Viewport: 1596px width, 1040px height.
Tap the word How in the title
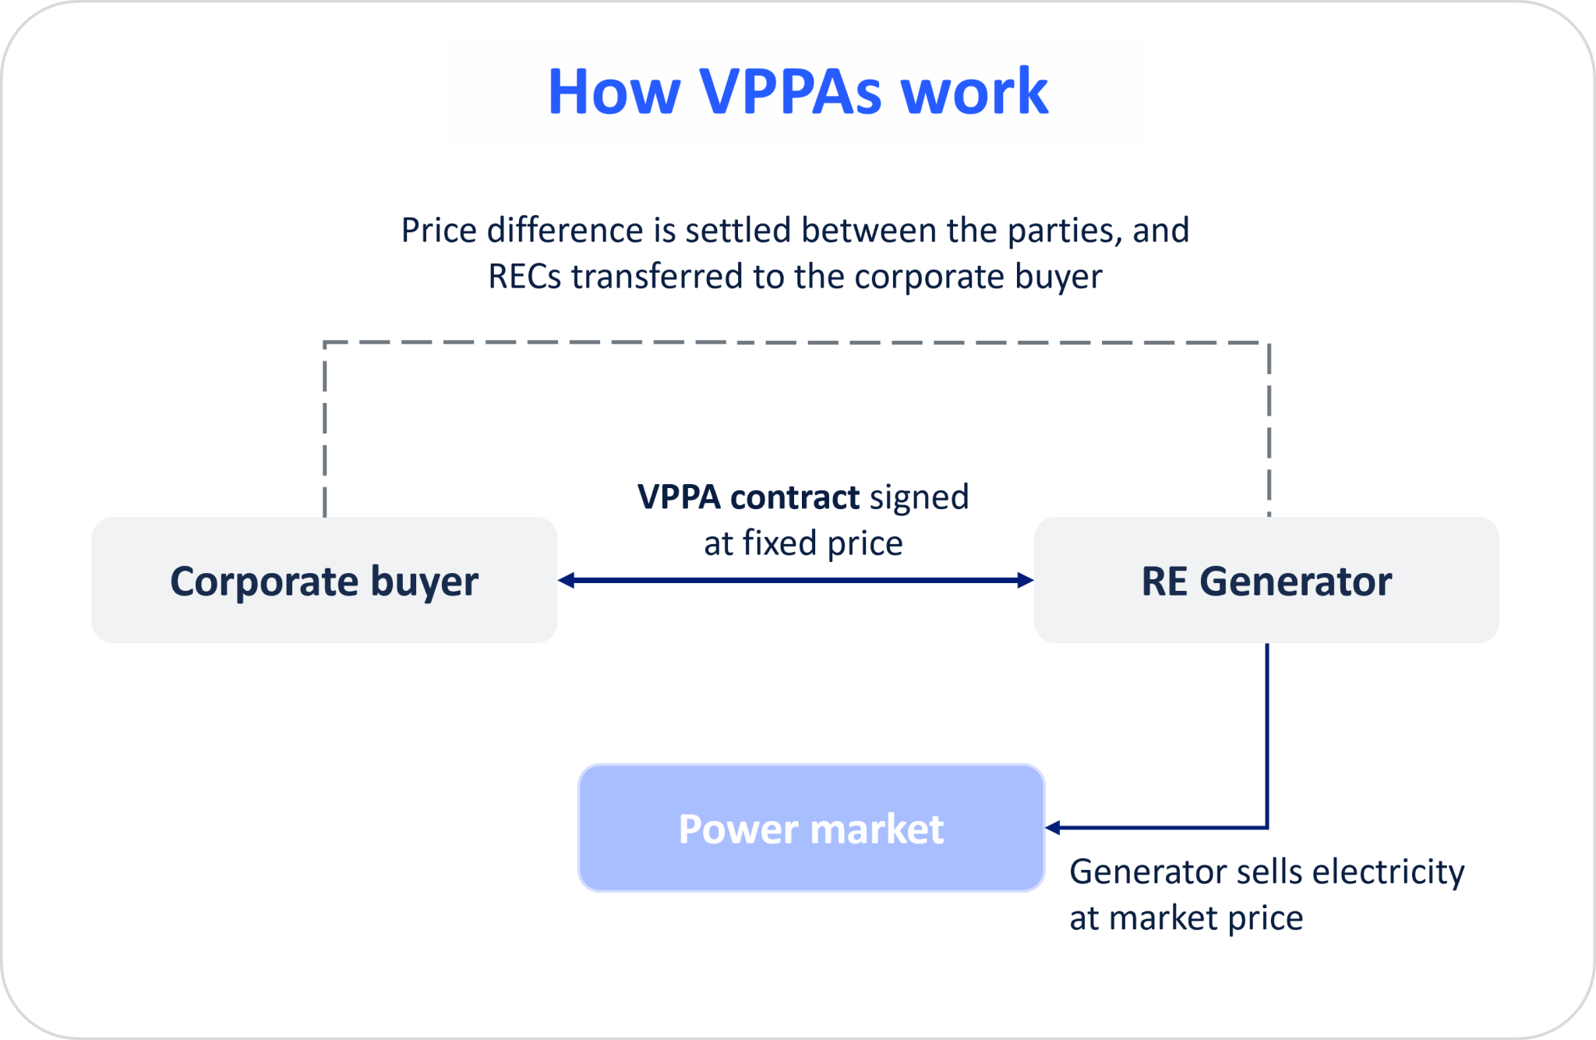tap(614, 91)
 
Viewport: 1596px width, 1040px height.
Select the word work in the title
tap(974, 91)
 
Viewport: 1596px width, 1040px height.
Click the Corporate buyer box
tap(324, 580)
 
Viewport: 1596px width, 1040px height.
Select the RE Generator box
tap(1266, 580)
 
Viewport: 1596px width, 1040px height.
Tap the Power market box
tap(810, 828)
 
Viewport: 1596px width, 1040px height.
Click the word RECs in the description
tap(524, 277)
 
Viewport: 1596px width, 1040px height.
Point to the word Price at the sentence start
tap(438, 231)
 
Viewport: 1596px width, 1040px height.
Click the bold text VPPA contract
tap(748, 497)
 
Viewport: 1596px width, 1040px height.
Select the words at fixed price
tap(803, 543)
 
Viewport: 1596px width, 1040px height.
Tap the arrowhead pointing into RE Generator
tap(1026, 580)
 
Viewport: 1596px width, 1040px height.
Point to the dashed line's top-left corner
tap(325, 343)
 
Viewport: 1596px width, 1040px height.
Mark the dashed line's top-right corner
tap(1269, 343)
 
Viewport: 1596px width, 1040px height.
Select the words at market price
tap(1185, 918)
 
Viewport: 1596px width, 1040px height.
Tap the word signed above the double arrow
tap(919, 497)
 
